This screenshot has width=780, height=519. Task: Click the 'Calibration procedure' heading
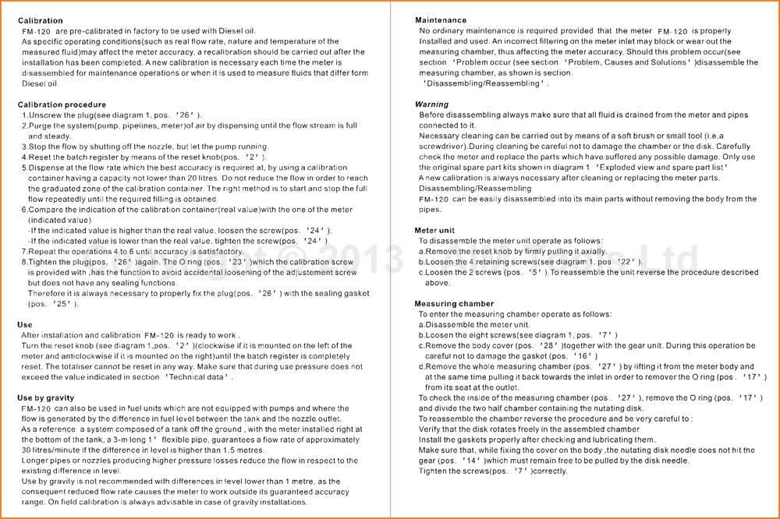tap(62, 104)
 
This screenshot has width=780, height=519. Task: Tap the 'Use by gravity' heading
tap(46, 397)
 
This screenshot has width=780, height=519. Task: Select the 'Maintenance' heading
tap(441, 20)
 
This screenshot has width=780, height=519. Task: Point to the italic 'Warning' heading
tap(431, 104)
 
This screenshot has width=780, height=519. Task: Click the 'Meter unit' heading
tap(434, 231)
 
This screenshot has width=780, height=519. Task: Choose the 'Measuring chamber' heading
tap(454, 304)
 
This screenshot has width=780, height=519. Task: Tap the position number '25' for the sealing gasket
tap(60, 304)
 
